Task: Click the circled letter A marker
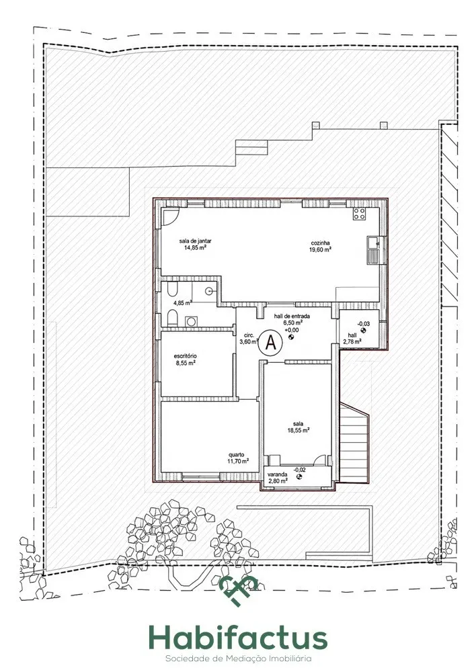270,342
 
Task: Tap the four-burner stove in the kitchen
359,214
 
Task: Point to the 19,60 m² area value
320,249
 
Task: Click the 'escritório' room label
186,355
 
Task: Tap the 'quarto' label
236,455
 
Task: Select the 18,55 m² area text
299,431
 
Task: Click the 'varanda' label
277,474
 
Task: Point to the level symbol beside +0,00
291,337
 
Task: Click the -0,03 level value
363,324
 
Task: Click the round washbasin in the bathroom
209,290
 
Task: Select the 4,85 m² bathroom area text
182,302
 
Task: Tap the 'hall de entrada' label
292,317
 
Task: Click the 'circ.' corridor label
249,335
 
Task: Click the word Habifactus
238,638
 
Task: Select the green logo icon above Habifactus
239,590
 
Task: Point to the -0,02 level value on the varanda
299,470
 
